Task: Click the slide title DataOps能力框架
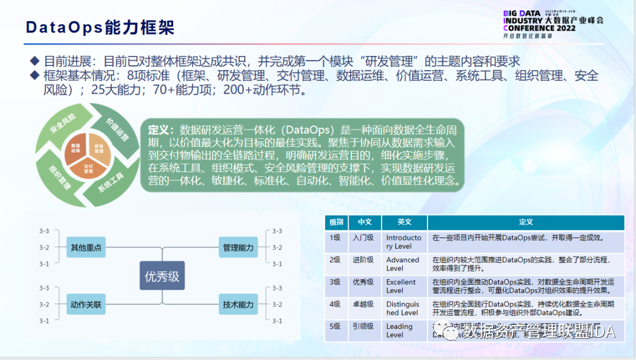100,28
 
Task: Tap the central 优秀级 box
162,276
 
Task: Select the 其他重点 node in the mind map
86,247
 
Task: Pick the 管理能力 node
238,247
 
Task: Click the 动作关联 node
86,305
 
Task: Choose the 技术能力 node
238,305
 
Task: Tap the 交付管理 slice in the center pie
88,170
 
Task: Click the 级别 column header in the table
336,222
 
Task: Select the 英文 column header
404,222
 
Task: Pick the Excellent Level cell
401,286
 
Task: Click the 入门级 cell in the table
363,237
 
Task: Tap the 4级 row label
336,304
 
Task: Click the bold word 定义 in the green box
160,130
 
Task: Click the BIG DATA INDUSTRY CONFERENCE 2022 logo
553,24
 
